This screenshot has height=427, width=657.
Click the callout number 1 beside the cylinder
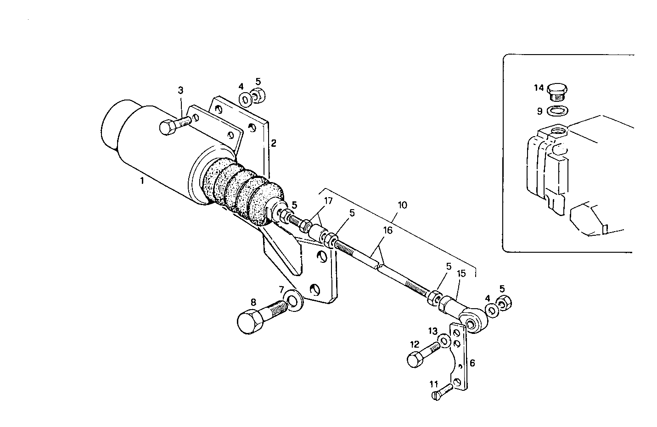tap(142, 181)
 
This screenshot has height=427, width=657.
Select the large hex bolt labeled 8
tap(257, 316)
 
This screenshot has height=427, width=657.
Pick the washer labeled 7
tap(291, 301)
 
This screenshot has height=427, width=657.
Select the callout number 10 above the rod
tap(402, 205)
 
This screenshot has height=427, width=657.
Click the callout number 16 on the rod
tap(388, 230)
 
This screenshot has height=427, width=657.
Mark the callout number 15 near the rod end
tap(461, 274)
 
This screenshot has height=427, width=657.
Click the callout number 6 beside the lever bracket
tap(472, 363)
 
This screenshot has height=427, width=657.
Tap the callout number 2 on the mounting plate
tap(273, 143)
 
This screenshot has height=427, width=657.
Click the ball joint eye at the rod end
tap(472, 320)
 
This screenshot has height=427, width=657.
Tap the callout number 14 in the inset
tap(538, 87)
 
